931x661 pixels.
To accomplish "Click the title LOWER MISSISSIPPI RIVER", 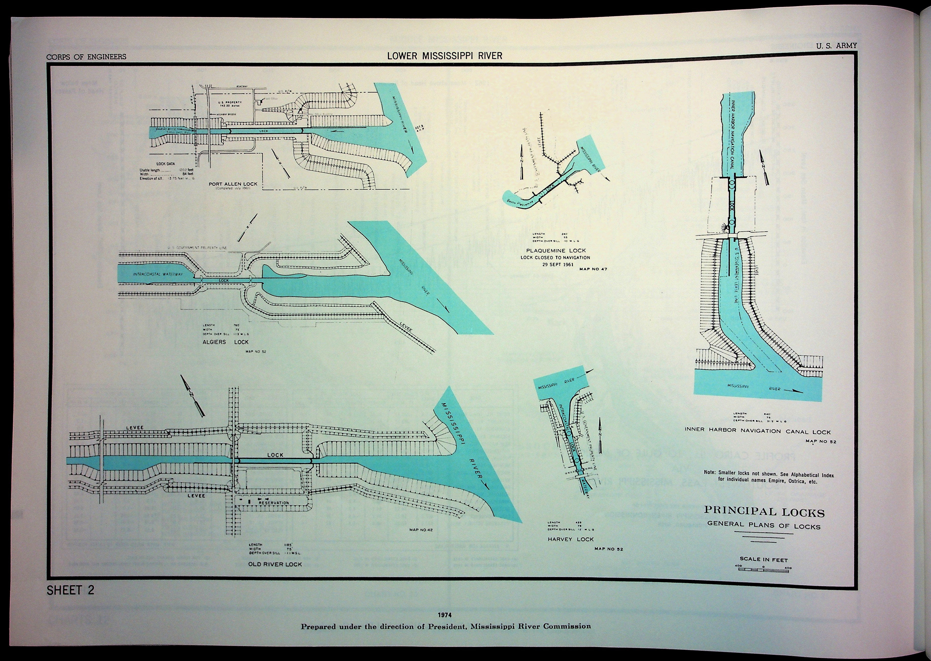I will pos(445,56).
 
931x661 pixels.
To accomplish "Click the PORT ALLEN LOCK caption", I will pos(233,184).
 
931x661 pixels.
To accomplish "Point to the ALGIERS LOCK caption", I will pos(225,342).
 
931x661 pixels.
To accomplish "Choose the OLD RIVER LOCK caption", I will pos(275,564).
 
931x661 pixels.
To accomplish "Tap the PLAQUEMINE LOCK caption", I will pos(555,251).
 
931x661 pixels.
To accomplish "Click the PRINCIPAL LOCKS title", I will pos(764,512).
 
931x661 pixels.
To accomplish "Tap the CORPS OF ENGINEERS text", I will pos(86,57).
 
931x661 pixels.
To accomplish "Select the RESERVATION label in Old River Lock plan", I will pos(274,503).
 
